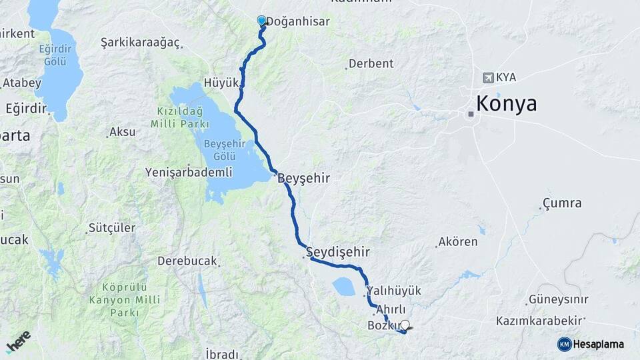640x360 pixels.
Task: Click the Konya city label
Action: pos(506,105)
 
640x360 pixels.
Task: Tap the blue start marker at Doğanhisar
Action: pos(261,21)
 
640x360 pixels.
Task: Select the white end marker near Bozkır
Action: pos(405,325)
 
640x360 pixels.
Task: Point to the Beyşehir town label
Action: pos(303,179)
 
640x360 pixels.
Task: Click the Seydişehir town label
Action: pos(337,252)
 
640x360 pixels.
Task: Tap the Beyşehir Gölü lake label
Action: pos(225,150)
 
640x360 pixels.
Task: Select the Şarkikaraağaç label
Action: pos(141,43)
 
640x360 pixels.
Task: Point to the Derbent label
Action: pos(371,64)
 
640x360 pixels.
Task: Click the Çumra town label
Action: pos(562,203)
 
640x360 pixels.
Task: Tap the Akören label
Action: pos(458,242)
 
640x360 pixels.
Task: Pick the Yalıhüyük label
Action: pos(395,291)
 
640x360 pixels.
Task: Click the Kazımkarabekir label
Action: pos(541,321)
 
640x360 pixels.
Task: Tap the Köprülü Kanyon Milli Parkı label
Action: pos(125,300)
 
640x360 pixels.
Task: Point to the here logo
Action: pos(19,341)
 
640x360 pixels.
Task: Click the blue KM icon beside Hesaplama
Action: pos(565,344)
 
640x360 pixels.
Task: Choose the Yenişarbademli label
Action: pos(189,173)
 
